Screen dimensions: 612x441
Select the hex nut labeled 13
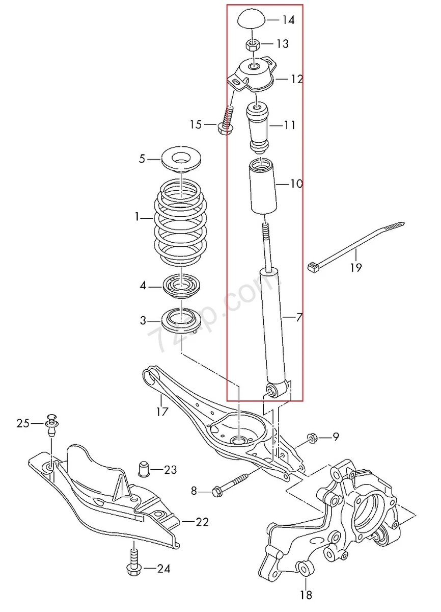(252, 44)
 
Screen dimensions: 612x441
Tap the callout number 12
(297, 79)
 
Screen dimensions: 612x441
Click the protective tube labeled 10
(262, 187)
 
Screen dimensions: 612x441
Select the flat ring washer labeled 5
(180, 159)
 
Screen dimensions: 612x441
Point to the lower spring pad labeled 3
(180, 320)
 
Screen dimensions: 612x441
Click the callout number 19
(355, 267)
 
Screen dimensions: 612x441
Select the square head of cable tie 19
(313, 266)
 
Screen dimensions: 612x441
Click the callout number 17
(162, 411)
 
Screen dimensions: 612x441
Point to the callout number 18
(306, 594)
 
